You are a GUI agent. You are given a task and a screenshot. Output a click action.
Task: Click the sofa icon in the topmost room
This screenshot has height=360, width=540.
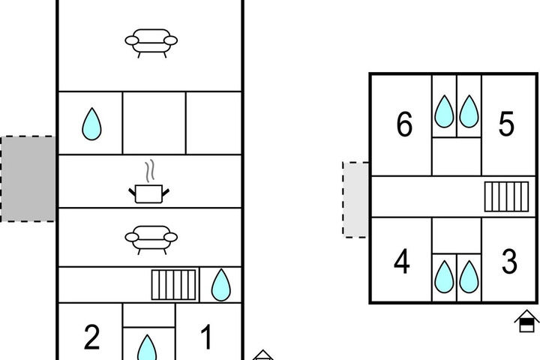151,43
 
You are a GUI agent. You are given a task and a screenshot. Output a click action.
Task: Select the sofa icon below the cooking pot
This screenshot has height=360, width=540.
151,240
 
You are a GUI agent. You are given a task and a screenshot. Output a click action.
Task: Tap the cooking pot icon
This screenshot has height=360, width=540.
148,194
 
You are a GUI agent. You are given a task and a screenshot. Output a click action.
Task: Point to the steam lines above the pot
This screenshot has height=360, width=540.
149,171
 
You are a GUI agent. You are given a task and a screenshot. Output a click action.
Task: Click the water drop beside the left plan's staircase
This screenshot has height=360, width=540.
220,285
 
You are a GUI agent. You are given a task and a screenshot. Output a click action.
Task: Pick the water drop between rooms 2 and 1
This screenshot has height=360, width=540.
147,348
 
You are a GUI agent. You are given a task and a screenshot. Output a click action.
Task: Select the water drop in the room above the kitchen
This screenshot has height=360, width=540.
92,124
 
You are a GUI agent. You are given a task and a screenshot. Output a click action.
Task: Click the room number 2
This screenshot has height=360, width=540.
92,337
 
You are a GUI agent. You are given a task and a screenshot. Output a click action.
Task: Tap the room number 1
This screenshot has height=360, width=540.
206,337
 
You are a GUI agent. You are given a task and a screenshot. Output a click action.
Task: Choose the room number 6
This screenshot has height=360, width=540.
404,124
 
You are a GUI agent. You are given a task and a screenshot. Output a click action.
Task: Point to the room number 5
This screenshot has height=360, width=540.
506,123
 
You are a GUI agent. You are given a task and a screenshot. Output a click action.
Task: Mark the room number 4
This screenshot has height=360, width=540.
402,262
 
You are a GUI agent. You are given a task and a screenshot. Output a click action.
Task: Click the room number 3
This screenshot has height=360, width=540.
509,262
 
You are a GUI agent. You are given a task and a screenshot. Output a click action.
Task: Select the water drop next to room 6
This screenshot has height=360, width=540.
444,111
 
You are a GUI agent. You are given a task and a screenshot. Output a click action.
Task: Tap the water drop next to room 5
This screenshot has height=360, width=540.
469,111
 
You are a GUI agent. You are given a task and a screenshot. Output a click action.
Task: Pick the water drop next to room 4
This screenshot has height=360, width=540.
444,277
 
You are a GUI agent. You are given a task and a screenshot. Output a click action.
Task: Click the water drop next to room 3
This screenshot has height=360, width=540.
469,277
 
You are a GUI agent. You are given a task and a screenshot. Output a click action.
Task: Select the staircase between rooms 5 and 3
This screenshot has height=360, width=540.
506,196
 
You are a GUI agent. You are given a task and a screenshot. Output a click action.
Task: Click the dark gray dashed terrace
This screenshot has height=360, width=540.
28,178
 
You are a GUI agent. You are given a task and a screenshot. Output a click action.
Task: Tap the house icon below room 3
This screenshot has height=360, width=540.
526,321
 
